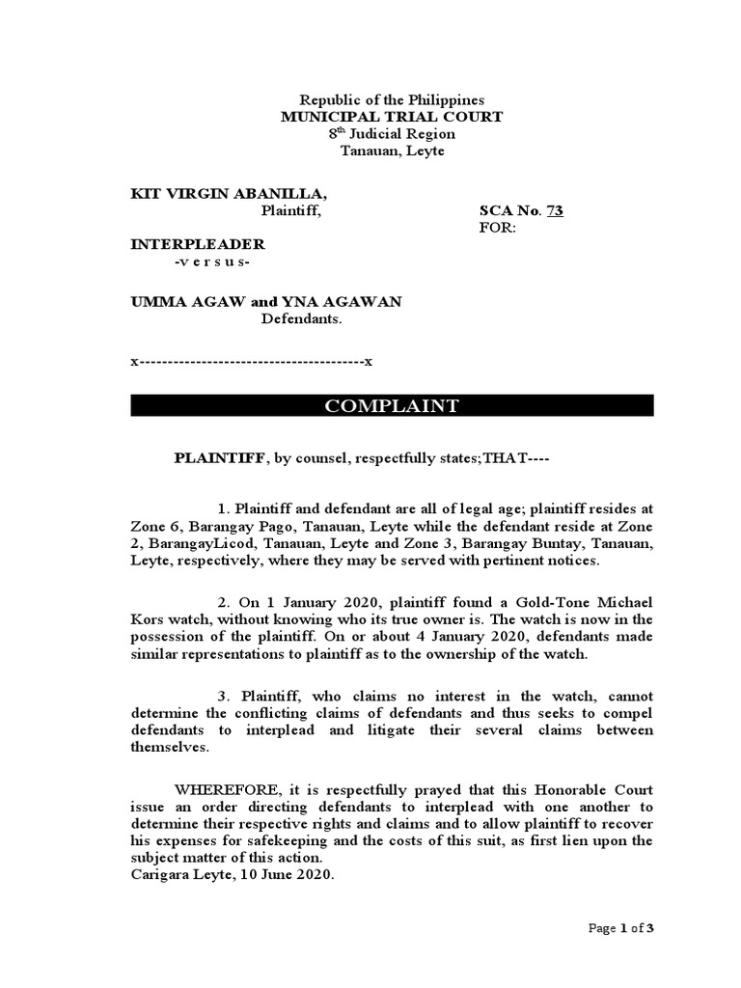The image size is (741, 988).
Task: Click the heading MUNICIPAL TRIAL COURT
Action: point(391,117)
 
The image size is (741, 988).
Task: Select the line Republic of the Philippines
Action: point(391,99)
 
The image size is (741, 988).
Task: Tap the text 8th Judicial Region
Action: point(391,134)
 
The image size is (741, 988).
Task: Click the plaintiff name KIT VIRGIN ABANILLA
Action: point(222,194)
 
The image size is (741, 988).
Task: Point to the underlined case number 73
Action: point(555,211)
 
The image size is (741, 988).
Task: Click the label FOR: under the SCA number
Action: point(498,228)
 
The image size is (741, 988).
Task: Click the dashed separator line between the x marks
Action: point(251,362)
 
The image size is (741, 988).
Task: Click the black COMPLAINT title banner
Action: point(392,406)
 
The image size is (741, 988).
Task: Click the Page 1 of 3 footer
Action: point(622,928)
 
